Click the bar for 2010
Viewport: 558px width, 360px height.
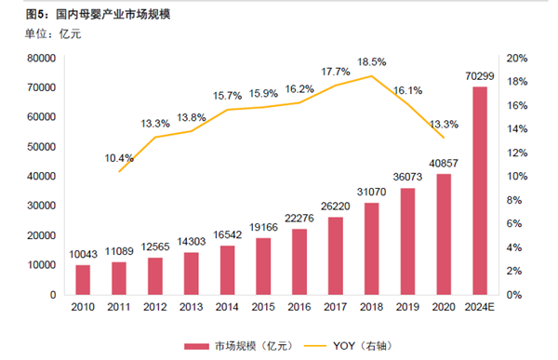click(84, 279)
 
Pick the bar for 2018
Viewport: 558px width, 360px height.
click(372, 247)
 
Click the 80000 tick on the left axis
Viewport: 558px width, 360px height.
click(41, 58)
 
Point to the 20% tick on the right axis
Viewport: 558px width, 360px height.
click(517, 58)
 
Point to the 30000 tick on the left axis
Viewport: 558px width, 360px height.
click(41, 206)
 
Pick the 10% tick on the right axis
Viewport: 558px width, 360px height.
click(517, 176)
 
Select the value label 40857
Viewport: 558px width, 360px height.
click(444, 164)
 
